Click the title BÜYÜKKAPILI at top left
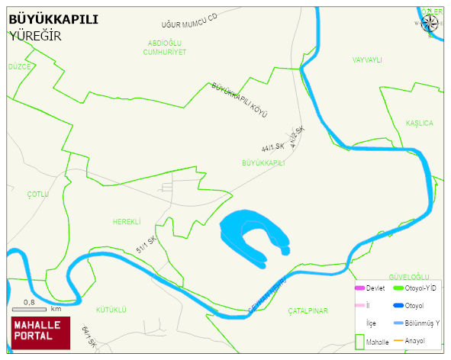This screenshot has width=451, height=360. pos(53,20)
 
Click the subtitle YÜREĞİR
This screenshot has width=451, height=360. pos(35,36)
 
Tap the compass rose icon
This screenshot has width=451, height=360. pos(430,21)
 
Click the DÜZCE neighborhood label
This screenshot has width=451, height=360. pos(19,67)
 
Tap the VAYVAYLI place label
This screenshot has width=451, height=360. pos(366,59)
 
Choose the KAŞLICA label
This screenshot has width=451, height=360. pos(419,124)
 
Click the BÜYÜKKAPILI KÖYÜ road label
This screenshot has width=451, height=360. pos(241,99)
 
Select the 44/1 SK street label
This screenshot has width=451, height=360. pos(272,146)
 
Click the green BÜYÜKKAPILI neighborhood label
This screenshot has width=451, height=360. pos(263,163)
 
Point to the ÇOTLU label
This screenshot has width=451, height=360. pos(37,194)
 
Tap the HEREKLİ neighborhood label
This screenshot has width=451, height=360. pos(127,222)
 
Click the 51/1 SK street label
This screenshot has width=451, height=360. pos(147,245)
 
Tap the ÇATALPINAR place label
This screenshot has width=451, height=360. pos(308,311)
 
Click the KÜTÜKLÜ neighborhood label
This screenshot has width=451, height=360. pos(111,310)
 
